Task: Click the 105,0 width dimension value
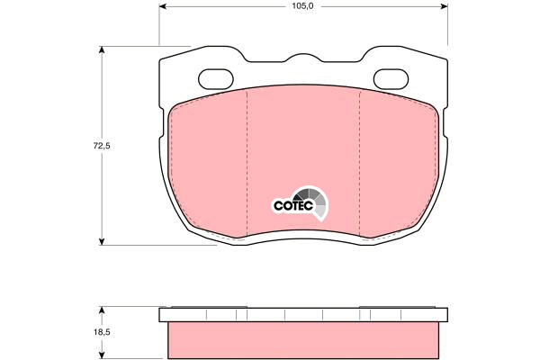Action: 302,6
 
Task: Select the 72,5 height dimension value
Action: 102,146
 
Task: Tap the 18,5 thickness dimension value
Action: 102,333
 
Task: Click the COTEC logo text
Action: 293,206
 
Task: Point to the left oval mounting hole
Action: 216,79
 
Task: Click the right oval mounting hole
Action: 391,79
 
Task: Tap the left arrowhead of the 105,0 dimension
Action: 163,6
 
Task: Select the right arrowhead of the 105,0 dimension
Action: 444,6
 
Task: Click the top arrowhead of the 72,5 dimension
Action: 102,50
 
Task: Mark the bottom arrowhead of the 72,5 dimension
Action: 102,241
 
